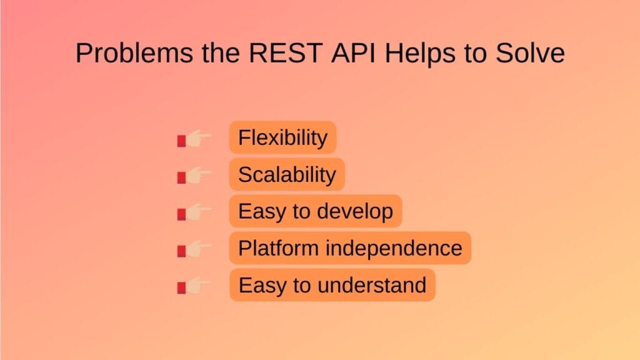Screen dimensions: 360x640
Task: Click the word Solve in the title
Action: pyautogui.click(x=530, y=54)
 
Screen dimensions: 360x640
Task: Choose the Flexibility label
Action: pyautogui.click(x=282, y=137)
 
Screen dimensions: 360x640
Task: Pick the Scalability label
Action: pyautogui.click(x=287, y=174)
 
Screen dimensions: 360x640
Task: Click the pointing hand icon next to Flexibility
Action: pyautogui.click(x=195, y=139)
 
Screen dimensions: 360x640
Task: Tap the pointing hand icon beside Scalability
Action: pyautogui.click(x=195, y=176)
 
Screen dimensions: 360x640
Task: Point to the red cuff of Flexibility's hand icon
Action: pyautogui.click(x=181, y=141)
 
